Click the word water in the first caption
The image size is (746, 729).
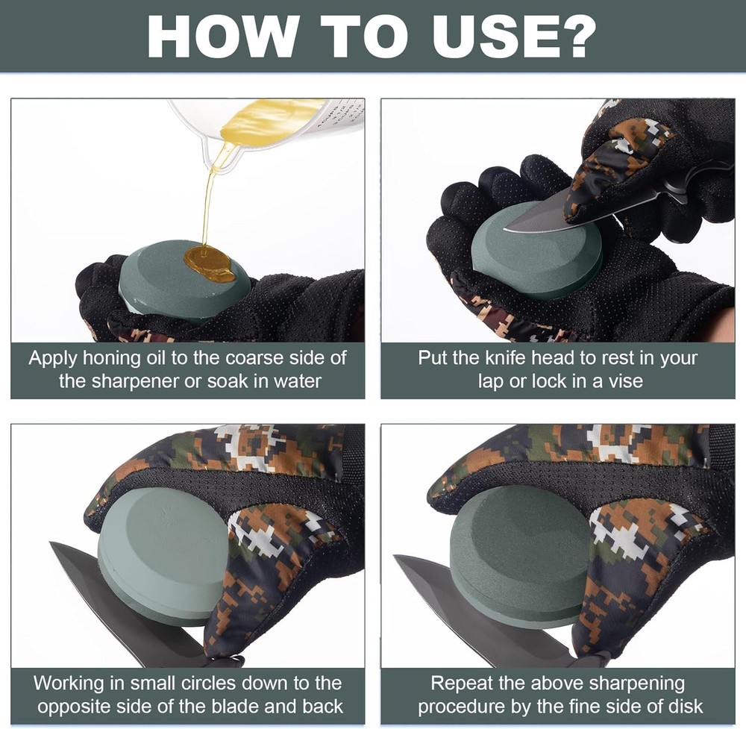point(298,381)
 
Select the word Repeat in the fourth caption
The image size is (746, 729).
point(462,684)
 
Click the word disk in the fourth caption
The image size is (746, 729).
point(683,707)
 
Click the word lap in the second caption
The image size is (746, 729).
point(491,382)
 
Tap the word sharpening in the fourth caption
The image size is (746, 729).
point(636,684)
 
